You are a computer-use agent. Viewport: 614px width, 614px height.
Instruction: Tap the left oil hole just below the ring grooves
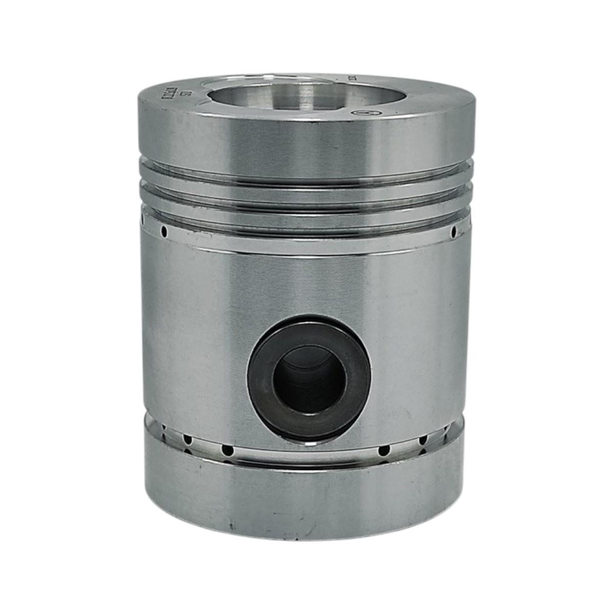[164, 232]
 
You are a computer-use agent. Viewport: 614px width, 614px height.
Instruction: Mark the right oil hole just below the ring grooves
[453, 233]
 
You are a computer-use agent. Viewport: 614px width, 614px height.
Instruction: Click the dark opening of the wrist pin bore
[309, 379]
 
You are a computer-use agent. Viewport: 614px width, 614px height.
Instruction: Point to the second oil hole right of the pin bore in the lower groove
[423, 440]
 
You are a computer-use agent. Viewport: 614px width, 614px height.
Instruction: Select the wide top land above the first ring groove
[307, 138]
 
